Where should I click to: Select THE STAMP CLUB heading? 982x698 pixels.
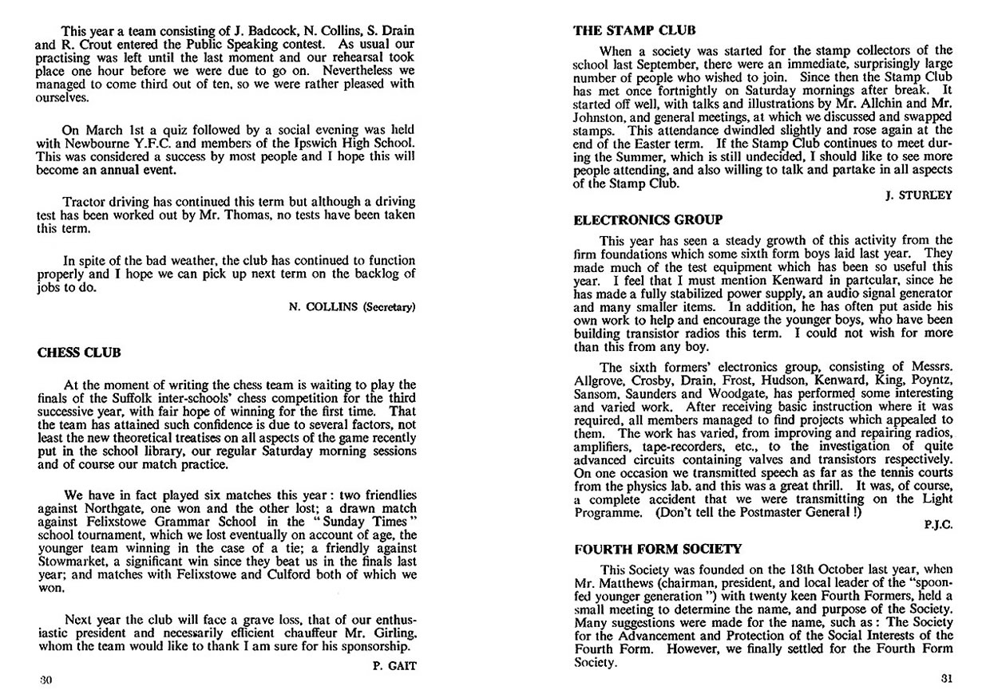pyautogui.click(x=635, y=31)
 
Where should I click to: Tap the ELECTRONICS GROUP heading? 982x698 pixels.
pyautogui.click(x=649, y=219)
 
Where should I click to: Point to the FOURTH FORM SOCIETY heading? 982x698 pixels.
pyautogui.click(x=658, y=549)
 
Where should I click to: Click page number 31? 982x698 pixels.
pyautogui.click(x=947, y=680)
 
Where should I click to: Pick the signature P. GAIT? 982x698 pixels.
pyautogui.click(x=395, y=663)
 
